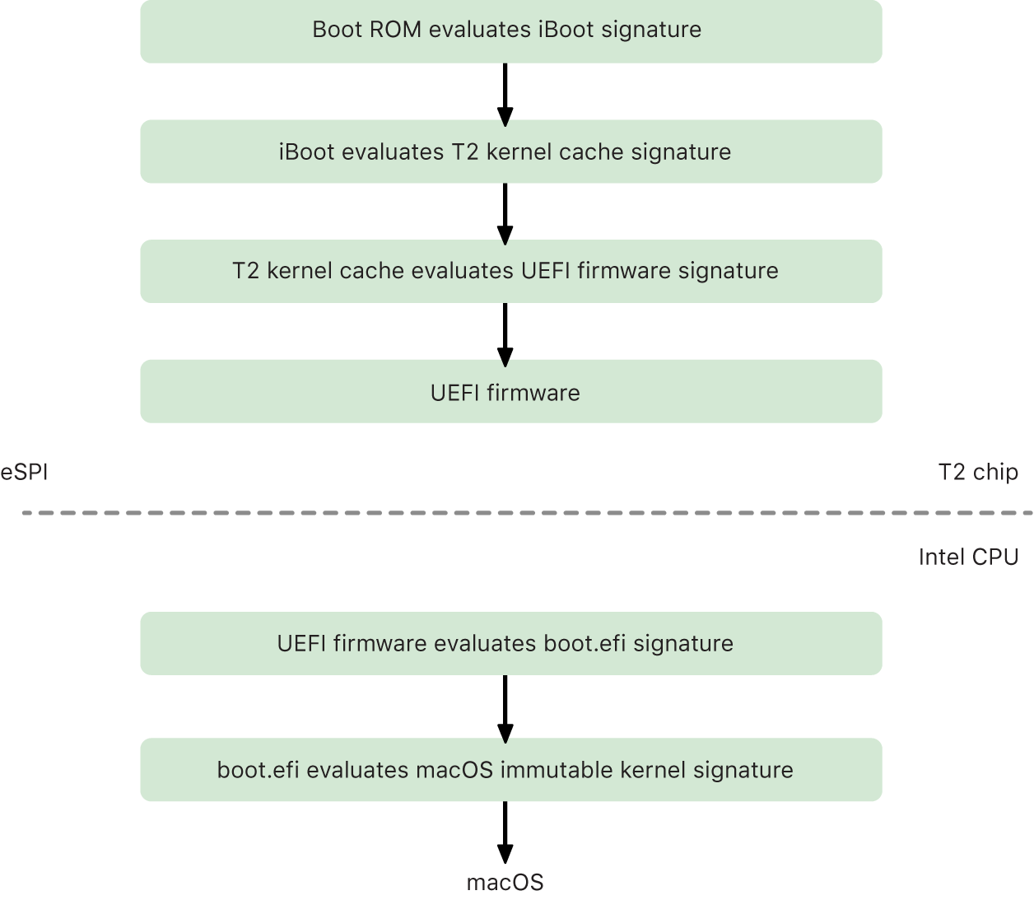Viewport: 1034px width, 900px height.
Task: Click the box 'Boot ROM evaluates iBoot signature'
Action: (510, 31)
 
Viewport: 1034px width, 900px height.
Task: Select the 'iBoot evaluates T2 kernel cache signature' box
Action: (510, 152)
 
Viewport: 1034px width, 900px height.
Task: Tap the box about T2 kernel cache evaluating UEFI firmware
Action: (510, 271)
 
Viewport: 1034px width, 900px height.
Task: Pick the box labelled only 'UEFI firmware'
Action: (510, 392)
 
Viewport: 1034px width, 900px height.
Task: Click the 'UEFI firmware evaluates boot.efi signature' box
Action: (510, 643)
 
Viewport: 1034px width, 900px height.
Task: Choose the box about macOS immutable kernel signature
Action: (510, 770)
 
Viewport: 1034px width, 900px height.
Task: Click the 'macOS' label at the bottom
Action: (505, 883)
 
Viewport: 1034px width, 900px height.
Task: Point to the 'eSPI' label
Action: (24, 472)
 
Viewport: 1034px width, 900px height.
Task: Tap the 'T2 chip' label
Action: (978, 472)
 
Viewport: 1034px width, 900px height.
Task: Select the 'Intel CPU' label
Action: (968, 557)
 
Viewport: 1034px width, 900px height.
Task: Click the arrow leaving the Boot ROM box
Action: (505, 92)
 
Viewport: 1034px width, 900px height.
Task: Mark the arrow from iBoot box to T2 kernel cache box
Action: (505, 212)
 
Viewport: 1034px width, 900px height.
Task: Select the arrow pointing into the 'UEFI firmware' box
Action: (505, 332)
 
